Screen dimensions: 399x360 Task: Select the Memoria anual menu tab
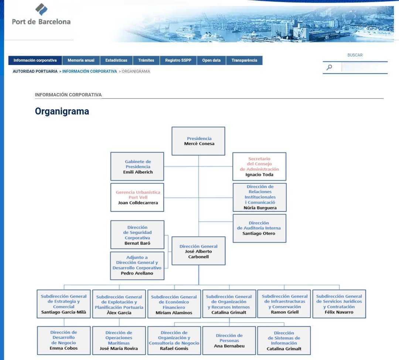pos(81,61)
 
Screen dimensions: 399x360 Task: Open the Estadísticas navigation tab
pos(116,61)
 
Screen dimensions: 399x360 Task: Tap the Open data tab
pos(211,61)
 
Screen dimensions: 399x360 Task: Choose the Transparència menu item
pos(244,61)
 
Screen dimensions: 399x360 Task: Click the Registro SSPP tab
pos(178,61)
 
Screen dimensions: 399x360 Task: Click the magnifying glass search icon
pos(329,67)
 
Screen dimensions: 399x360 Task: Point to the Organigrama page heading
pos(62,111)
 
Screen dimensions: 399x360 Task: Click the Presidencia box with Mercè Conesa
pos(198,141)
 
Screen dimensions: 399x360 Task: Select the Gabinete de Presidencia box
pos(137,167)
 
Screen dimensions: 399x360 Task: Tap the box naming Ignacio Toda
pos(259,167)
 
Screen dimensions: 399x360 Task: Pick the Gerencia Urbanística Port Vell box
pos(137,197)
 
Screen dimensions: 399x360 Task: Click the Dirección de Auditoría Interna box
pos(259,228)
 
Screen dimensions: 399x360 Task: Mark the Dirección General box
pos(198,251)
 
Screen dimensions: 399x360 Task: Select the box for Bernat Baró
pos(137,235)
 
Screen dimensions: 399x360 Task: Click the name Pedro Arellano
pos(137,273)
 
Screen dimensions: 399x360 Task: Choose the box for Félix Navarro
pos(339,304)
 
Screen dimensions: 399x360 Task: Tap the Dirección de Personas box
pos(229,340)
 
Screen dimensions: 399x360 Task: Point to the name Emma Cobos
pos(64,348)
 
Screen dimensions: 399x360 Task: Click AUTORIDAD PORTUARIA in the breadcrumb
pos(35,71)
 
